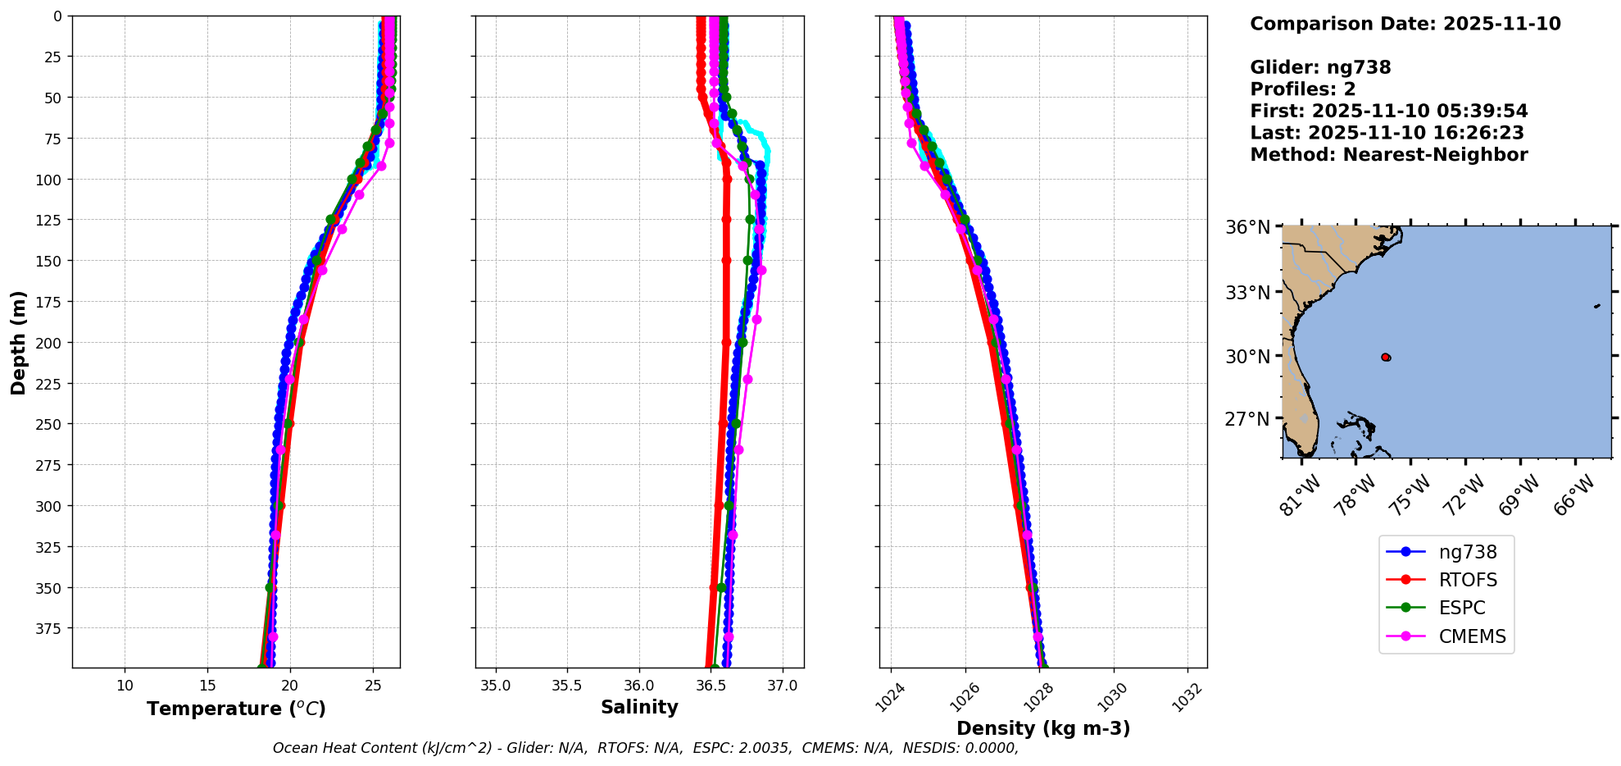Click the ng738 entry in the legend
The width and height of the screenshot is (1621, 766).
(1467, 552)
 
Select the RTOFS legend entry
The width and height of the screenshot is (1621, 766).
(1467, 580)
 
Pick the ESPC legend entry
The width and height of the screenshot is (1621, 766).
(1462, 608)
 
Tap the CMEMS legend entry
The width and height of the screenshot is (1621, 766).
(1472, 636)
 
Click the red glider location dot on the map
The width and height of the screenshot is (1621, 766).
(1385, 357)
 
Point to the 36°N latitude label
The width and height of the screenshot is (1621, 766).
(1247, 227)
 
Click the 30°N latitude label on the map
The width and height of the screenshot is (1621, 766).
(1247, 356)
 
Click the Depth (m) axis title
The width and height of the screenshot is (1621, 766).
(18, 342)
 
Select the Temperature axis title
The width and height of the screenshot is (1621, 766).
(236, 709)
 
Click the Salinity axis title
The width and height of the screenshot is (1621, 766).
(639, 707)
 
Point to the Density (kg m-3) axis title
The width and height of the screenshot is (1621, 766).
(1043, 728)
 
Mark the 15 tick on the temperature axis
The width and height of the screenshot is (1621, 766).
(207, 685)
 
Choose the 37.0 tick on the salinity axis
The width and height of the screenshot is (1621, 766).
(783, 685)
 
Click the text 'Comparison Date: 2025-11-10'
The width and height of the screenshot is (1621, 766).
(1405, 24)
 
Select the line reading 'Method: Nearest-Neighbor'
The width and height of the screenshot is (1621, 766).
(1388, 155)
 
